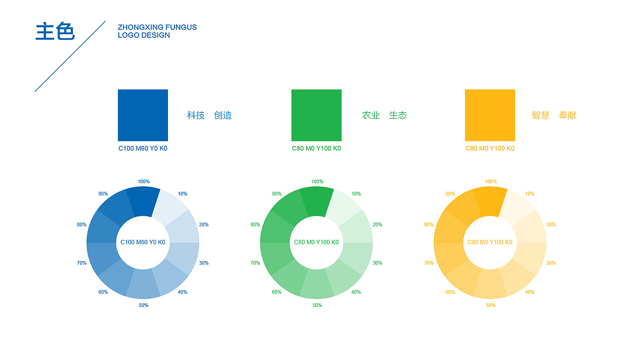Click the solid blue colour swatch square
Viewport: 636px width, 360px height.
143,115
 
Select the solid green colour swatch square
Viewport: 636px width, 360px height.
317,115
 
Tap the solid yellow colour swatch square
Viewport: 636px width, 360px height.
490,115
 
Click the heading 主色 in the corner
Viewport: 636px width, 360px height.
55,31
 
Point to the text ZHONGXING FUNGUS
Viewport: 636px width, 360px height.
157,27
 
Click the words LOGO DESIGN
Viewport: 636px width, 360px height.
144,35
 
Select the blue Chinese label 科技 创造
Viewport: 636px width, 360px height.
209,115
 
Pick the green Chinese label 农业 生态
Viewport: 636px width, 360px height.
384,115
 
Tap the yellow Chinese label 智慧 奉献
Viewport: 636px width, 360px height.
554,115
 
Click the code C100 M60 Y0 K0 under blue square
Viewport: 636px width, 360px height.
143,148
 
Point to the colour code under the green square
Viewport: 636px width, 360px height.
317,148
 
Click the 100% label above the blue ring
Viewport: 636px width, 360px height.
144,182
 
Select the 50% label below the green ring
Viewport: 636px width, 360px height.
317,305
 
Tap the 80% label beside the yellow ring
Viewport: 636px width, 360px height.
429,225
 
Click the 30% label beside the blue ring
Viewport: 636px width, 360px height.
204,263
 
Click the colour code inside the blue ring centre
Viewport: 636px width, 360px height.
143,242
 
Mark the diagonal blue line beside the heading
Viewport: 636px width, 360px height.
70,56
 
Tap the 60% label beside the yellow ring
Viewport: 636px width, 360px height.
450,292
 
